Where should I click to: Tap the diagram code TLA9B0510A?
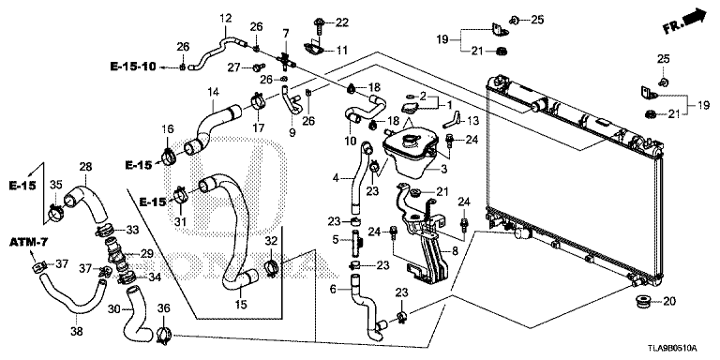(x=674, y=348)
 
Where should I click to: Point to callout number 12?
(x=226, y=19)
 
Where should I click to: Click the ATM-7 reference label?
(x=28, y=242)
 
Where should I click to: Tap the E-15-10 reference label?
(x=133, y=67)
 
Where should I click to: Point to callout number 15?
(x=241, y=304)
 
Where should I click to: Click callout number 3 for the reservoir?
(x=443, y=170)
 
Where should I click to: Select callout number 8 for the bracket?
(x=455, y=250)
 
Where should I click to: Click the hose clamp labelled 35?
(x=55, y=213)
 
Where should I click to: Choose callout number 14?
(x=213, y=91)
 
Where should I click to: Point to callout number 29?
(x=146, y=253)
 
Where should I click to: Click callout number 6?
(x=334, y=289)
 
